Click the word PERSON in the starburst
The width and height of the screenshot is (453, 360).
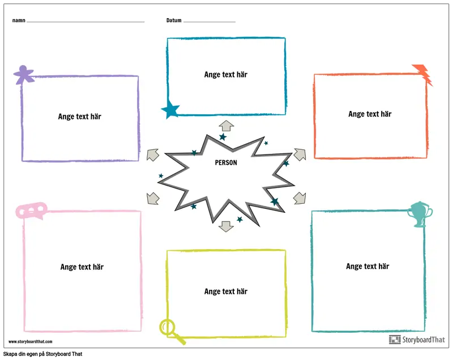tap(226, 162)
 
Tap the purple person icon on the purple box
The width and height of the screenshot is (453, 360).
tap(23, 74)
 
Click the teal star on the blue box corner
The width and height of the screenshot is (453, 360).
tap(170, 109)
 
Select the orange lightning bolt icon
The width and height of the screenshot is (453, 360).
tap(422, 74)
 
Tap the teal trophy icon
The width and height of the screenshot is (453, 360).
tap(420, 214)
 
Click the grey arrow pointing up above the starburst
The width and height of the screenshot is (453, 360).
tap(226, 126)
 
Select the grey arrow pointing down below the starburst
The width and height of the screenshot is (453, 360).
tap(226, 226)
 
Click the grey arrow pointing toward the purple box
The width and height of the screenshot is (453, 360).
tap(152, 155)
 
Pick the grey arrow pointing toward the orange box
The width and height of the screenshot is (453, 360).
tap(300, 154)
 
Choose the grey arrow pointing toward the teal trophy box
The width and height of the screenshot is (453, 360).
tap(300, 198)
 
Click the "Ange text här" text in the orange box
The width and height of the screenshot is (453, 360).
tap(370, 114)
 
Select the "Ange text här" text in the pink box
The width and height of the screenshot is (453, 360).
tap(82, 267)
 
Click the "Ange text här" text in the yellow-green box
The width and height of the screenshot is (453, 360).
tap(226, 291)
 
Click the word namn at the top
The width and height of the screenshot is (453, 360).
tap(18, 20)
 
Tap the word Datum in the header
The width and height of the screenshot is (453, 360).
tap(174, 20)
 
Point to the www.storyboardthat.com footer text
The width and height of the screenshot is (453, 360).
tap(30, 341)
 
